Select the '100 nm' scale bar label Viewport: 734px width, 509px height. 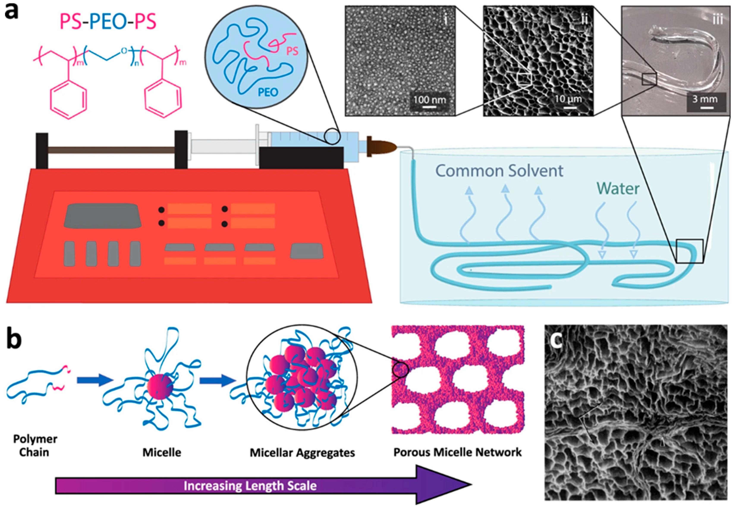point(429,100)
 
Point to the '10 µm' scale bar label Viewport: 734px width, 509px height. point(568,99)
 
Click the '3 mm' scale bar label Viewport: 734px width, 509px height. point(705,99)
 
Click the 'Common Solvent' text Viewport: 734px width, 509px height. point(499,171)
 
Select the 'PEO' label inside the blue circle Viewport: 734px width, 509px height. point(268,92)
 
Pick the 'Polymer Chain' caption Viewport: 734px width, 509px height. point(35,446)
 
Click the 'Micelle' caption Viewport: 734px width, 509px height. point(162,452)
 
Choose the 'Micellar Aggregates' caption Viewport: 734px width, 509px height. point(302,452)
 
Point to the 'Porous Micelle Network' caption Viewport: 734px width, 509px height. point(457,452)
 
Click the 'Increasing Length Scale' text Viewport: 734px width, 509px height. point(250,486)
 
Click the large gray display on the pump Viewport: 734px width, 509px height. point(103,216)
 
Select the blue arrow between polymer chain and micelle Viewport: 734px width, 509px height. point(95,380)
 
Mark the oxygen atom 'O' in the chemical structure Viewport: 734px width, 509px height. point(125,51)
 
